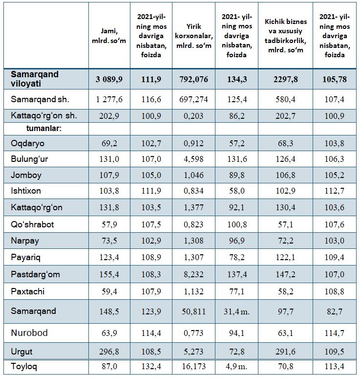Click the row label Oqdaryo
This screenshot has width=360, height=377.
(28, 143)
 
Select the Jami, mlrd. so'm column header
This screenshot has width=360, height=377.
(109, 36)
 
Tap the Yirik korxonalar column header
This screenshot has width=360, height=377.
(193, 36)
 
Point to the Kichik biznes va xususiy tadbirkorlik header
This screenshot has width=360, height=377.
(286, 36)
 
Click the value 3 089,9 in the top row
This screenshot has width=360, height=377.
(109, 79)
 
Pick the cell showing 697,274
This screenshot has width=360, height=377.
(193, 99)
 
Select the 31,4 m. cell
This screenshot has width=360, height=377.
(236, 311)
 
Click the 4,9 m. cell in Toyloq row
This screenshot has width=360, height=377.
(236, 366)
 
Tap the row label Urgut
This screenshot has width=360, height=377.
(21, 352)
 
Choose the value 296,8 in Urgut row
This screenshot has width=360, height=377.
(109, 352)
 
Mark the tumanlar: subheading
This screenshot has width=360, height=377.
(44, 129)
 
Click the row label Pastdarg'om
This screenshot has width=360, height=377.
(35, 274)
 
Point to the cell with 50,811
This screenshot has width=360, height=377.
(193, 311)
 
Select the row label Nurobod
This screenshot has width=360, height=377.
(29, 333)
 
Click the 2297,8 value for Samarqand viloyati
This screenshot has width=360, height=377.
(286, 79)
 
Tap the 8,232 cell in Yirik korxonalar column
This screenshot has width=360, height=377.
(193, 274)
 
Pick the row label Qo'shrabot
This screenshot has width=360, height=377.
(32, 224)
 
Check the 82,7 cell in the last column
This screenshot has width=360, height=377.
(335, 311)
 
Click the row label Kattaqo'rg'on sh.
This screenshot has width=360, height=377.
(44, 116)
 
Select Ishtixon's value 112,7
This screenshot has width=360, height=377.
(335, 191)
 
